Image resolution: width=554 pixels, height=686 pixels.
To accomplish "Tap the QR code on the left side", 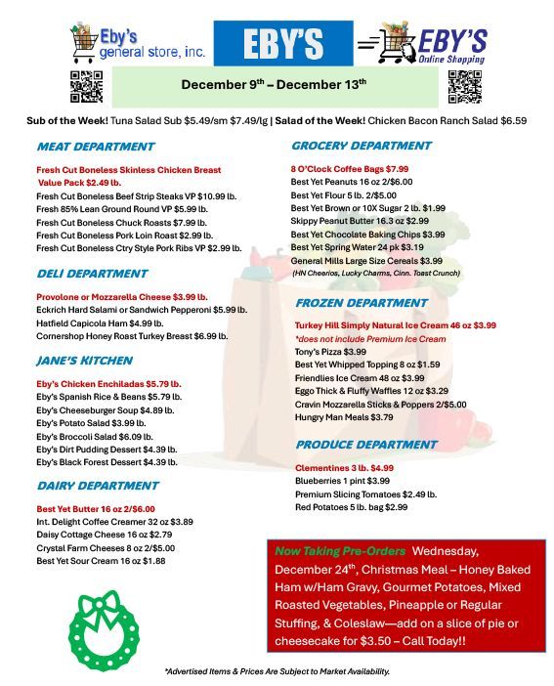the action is point(82,86).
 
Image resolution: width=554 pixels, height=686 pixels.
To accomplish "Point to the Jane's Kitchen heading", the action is point(84,360).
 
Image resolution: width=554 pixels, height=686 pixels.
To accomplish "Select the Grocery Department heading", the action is point(362,146).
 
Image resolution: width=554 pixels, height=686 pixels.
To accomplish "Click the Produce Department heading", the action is point(365,445).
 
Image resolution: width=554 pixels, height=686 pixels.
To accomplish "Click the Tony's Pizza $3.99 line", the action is point(330,351).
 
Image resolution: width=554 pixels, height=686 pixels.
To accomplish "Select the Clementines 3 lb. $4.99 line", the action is point(344,467).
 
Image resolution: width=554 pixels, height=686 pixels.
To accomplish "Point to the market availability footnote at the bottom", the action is point(277,671).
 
